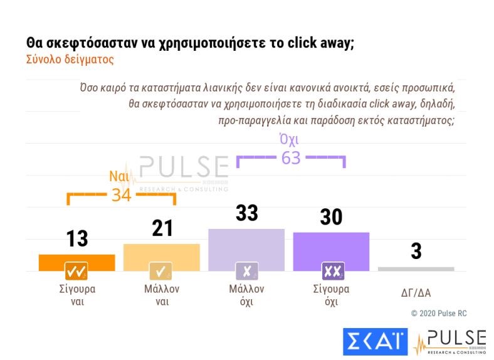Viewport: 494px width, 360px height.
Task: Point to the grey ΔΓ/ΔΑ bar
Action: (416, 269)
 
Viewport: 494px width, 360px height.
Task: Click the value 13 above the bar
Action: (76, 239)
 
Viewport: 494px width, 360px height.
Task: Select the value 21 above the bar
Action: (162, 228)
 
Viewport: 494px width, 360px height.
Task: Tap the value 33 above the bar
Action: (246, 213)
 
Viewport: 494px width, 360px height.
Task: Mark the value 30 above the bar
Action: (331, 217)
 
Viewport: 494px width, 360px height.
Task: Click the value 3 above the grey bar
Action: (416, 251)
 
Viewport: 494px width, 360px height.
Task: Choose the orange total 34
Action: (121, 195)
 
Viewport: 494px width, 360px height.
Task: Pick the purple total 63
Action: (290, 158)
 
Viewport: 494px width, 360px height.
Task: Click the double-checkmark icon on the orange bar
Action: (76, 272)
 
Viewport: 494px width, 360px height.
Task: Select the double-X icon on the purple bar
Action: (331, 272)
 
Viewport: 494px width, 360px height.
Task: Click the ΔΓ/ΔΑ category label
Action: (416, 294)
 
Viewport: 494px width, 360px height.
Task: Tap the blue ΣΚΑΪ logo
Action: (375, 342)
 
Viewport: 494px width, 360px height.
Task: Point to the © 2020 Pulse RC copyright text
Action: (439, 313)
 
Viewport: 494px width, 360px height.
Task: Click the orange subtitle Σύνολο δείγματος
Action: (70, 60)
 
